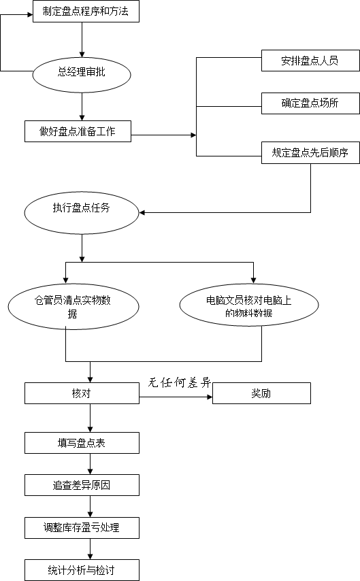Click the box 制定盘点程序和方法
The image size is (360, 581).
[86, 11]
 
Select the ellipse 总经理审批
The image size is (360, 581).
[82, 75]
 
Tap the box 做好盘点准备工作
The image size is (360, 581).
[78, 131]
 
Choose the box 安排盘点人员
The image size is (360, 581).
[310, 61]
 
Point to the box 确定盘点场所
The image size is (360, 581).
[310, 103]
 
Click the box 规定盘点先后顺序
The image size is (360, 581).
[310, 152]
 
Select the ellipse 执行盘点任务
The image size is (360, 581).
[82, 213]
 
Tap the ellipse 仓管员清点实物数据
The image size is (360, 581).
[73, 306]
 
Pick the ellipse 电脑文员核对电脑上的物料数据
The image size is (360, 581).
[249, 305]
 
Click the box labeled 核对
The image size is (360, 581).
[82, 393]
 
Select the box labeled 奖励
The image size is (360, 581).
[261, 393]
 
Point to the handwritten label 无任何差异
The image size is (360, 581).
[180, 382]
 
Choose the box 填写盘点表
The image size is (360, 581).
[82, 443]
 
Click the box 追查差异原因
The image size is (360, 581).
[82, 485]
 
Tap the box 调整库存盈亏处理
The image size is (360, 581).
[82, 528]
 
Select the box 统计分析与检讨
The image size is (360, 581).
[82, 570]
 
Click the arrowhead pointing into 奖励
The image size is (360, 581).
[210, 397]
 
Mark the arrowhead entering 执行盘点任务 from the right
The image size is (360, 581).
[142, 213]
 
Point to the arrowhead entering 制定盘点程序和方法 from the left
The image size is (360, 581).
[30, 15]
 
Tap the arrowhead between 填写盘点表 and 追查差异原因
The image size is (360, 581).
[90, 471]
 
